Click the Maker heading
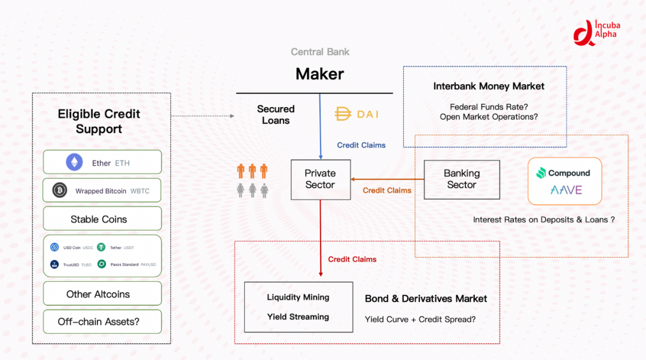(x=319, y=74)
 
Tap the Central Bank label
(x=320, y=52)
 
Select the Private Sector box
(x=320, y=179)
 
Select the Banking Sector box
(x=461, y=179)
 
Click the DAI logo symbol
(x=343, y=114)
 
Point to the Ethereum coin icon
(x=74, y=163)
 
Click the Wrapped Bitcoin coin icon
(x=59, y=191)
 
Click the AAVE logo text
(x=565, y=191)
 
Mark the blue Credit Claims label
(x=361, y=145)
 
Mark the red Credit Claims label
(x=352, y=260)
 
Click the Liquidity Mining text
(x=298, y=297)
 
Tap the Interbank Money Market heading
(x=489, y=86)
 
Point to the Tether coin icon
(x=101, y=247)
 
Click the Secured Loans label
(x=276, y=114)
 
